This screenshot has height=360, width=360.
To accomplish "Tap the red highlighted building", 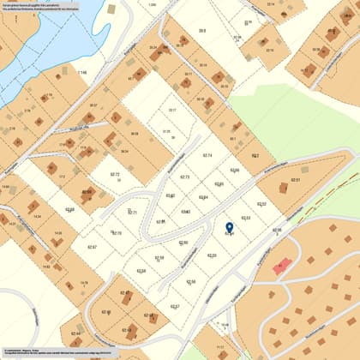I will tap(279, 267).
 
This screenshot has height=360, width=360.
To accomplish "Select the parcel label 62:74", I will tap(207, 155).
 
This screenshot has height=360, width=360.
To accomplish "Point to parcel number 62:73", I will tap(184, 177).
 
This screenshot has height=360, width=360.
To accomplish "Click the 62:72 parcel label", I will tap(115, 174).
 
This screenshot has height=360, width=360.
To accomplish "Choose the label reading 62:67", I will tap(92, 247).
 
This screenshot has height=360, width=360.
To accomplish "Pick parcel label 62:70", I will tap(117, 233).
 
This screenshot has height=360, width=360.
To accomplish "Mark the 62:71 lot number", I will tap(132, 212).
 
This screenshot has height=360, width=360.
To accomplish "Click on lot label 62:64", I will tap(203, 197).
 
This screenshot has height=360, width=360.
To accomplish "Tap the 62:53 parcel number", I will tap(246, 218).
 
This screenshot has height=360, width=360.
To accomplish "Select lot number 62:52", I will tap(261, 204).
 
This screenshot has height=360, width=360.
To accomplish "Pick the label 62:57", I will tap(175, 306).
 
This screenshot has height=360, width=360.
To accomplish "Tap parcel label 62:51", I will tap(295, 180).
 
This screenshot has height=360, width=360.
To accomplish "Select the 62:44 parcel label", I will tap(75, 333).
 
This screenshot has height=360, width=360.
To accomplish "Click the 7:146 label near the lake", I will tap(82, 73).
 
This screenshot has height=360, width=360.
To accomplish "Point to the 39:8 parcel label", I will tap(202, 30).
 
